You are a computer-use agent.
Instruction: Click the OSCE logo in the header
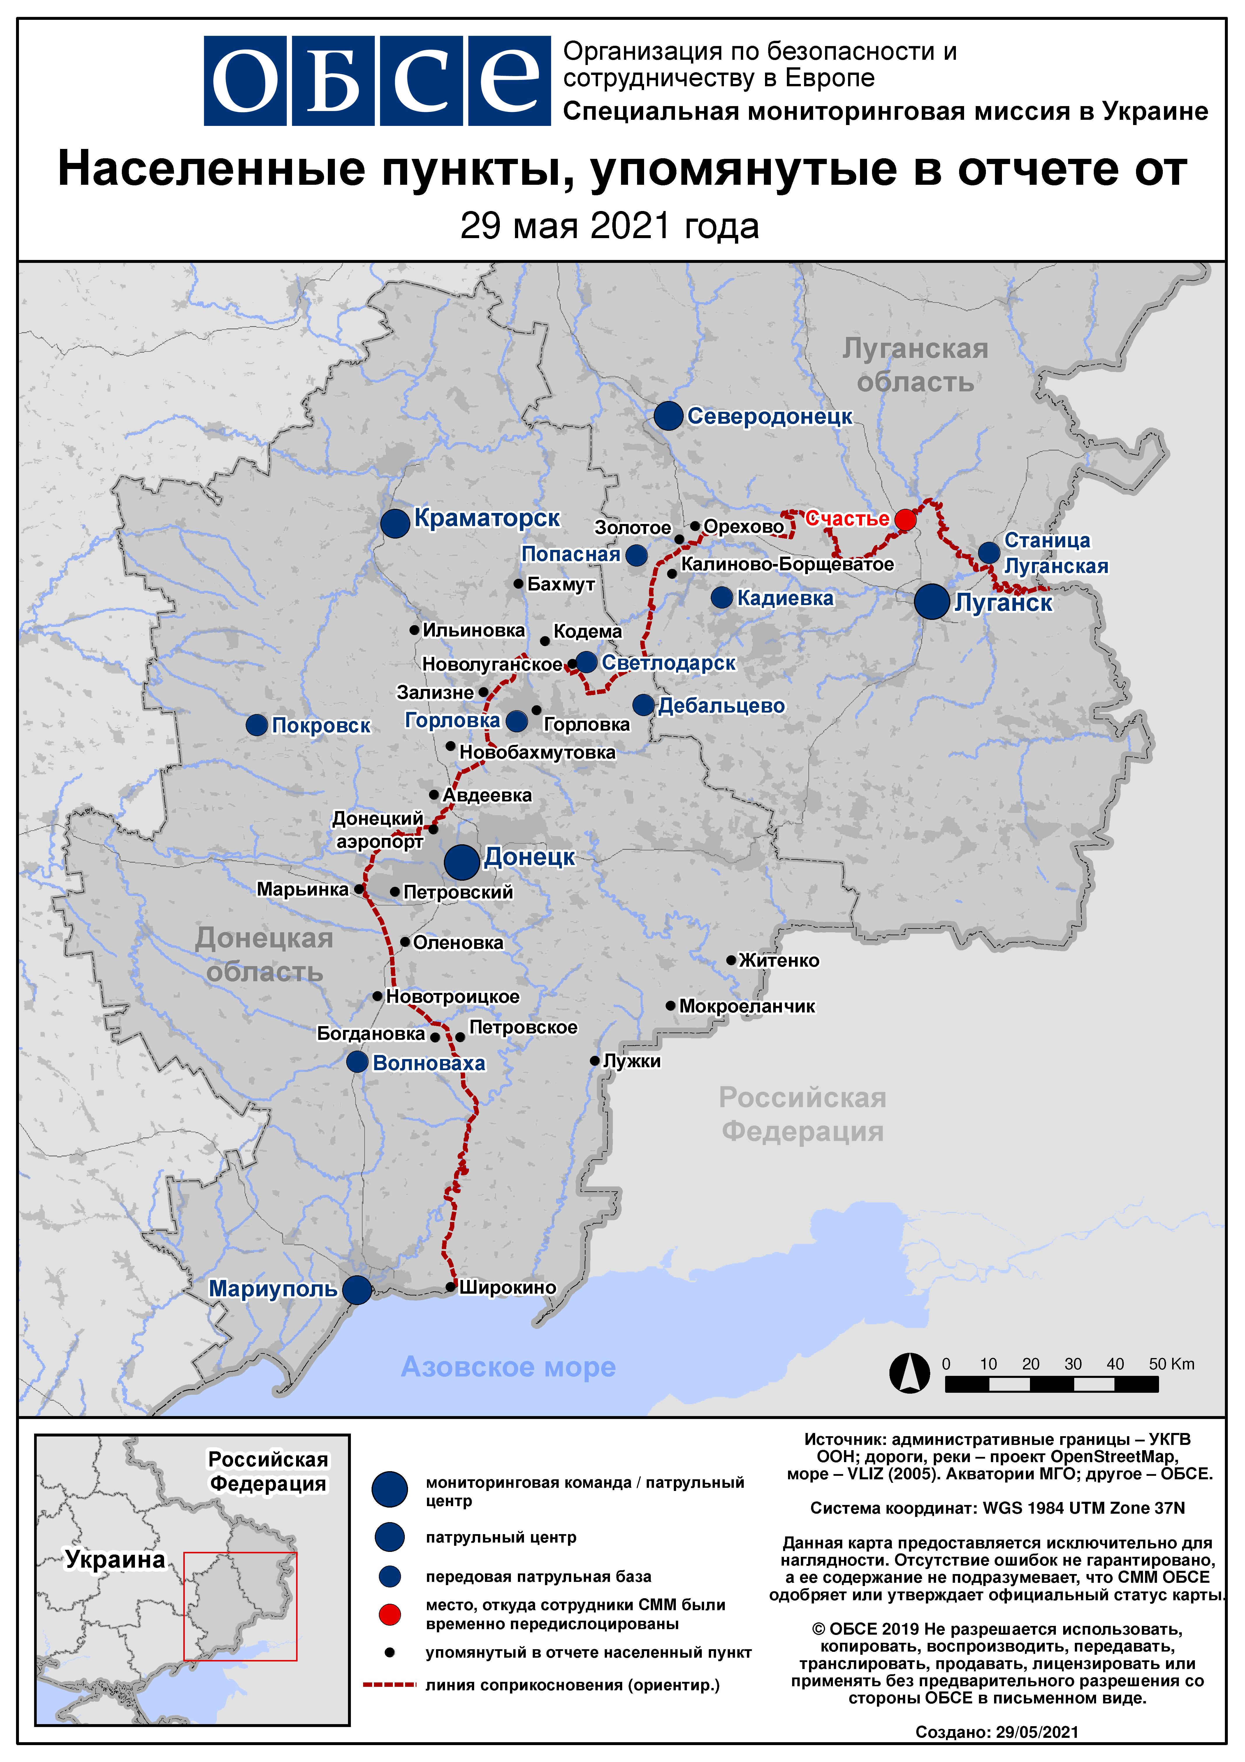pyautogui.click(x=377, y=80)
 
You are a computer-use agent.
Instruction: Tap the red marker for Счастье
pyautogui.click(x=906, y=520)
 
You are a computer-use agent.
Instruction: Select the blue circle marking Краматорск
pyautogui.click(x=395, y=523)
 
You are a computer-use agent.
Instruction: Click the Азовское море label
pyautogui.click(x=508, y=1367)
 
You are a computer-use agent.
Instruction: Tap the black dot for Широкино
pyautogui.click(x=451, y=1287)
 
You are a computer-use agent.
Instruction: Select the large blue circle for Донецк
pyautogui.click(x=461, y=862)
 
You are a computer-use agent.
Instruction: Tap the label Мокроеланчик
pyautogui.click(x=747, y=1006)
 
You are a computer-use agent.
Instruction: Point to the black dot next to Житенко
pyautogui.click(x=731, y=960)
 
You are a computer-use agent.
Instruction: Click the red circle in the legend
pyautogui.click(x=390, y=1614)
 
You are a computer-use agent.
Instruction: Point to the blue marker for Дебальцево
pyautogui.click(x=643, y=704)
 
